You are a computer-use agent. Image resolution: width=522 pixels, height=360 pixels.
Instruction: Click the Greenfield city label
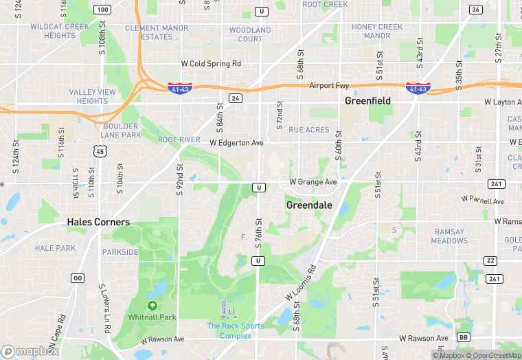click(367, 101)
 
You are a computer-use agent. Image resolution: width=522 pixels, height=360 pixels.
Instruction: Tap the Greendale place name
click(308, 205)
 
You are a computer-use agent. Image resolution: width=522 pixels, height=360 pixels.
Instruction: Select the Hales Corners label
click(98, 223)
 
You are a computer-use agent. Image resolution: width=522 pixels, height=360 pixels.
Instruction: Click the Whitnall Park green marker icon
click(152, 305)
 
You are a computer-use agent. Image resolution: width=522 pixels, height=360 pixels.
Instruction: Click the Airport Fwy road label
click(329, 86)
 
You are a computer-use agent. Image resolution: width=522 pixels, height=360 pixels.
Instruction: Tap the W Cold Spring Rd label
click(211, 64)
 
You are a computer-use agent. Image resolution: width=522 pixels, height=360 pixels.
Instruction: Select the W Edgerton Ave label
click(236, 143)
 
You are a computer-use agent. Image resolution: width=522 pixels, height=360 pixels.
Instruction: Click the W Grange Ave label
click(313, 182)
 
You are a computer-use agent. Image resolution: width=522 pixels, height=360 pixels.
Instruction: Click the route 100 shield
click(102, 10)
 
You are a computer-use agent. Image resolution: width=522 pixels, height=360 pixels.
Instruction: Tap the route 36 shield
click(475, 10)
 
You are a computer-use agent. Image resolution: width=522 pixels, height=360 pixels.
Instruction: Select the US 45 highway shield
click(100, 151)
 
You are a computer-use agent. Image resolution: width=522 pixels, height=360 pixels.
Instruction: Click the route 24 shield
click(236, 98)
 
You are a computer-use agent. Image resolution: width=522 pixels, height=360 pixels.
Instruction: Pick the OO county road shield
click(78, 278)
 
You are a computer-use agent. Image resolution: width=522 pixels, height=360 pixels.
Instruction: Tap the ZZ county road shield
click(490, 260)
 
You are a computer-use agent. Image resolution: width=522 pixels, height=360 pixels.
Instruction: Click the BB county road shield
click(464, 338)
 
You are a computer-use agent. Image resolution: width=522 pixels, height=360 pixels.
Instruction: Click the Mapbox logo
click(30, 351)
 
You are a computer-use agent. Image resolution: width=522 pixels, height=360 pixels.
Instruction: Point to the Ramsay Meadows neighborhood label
click(449, 236)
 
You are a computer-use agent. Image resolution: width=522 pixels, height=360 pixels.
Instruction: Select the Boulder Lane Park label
click(122, 131)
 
